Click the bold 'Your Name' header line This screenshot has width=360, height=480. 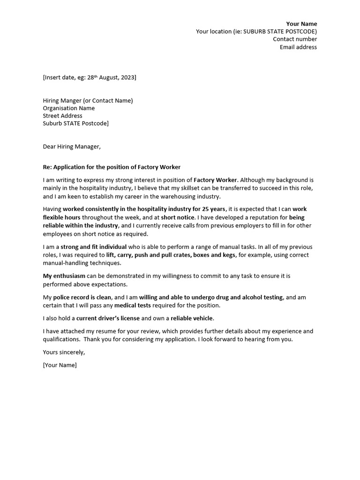click(301, 24)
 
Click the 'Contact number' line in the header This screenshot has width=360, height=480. click(295, 39)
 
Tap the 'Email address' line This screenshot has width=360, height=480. click(298, 47)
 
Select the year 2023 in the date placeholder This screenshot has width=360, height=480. click(127, 77)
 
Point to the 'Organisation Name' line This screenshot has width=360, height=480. click(68, 108)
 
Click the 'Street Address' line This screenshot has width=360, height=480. click(62, 116)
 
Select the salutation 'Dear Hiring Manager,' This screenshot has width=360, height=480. click(72, 147)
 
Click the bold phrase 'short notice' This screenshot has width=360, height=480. click(177, 218)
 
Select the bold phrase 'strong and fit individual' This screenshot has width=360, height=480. click(94, 247)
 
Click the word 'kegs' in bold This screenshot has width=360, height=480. click(230, 255)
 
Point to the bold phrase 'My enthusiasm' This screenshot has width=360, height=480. click(64, 277)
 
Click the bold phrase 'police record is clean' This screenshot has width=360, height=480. click(82, 298)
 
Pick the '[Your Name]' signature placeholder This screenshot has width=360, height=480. click(60, 365)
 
